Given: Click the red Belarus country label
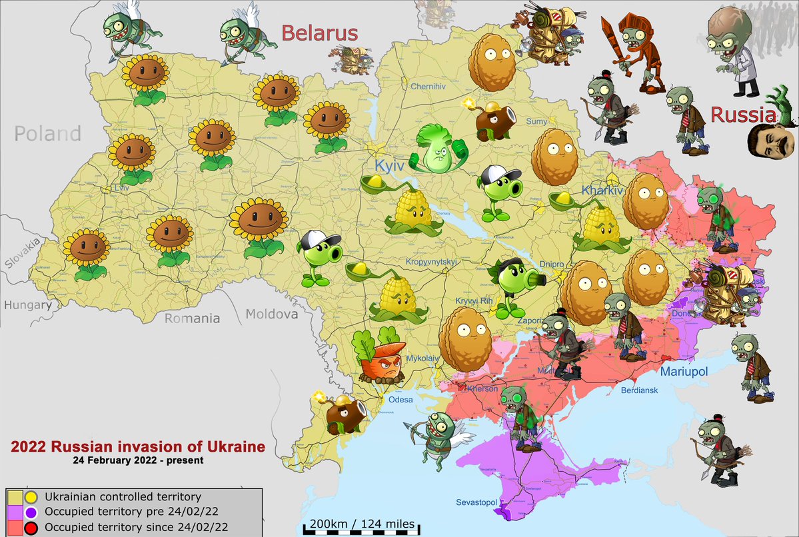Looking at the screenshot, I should [x=319, y=33].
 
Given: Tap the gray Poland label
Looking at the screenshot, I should [x=48, y=134].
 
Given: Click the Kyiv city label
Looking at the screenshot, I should [x=390, y=165].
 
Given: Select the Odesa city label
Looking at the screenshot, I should [x=401, y=400].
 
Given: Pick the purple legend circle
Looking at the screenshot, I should [x=30, y=512].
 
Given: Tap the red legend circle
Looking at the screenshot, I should [x=30, y=527].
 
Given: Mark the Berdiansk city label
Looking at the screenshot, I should [x=639, y=390].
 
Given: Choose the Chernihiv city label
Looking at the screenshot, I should [x=427, y=87].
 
